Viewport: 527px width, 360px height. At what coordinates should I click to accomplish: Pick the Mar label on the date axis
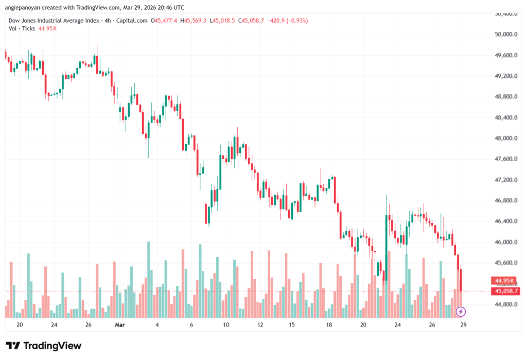click(x=120, y=325)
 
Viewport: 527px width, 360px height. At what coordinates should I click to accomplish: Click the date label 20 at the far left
click(x=20, y=325)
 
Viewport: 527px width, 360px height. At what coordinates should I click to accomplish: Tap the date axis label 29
click(x=463, y=325)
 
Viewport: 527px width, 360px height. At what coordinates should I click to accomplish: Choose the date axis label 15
click(x=292, y=325)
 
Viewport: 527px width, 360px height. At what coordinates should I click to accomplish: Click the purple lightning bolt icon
click(x=461, y=311)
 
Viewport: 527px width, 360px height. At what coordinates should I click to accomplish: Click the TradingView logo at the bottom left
click(x=43, y=346)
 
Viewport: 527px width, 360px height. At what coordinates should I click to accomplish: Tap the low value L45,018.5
click(x=221, y=21)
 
